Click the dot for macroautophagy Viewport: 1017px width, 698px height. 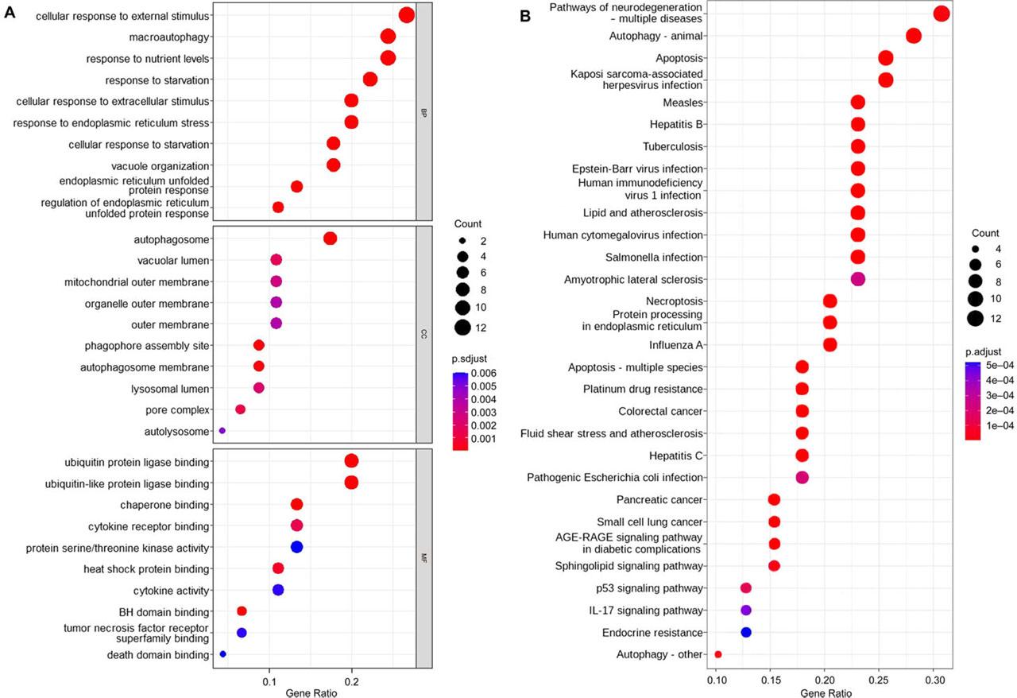point(388,37)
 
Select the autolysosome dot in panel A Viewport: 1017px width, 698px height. point(222,431)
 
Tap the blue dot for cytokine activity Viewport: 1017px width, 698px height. point(278,590)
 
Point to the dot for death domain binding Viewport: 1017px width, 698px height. point(222,654)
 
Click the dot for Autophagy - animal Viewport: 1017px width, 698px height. point(913,36)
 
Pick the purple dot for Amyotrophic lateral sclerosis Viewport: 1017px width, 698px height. point(857,279)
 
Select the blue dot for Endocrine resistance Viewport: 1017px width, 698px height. point(746,632)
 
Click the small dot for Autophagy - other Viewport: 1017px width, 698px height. point(718,654)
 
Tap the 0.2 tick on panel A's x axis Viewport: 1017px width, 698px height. point(352,682)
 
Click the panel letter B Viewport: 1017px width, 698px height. point(524,15)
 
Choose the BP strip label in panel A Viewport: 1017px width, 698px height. point(423,112)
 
